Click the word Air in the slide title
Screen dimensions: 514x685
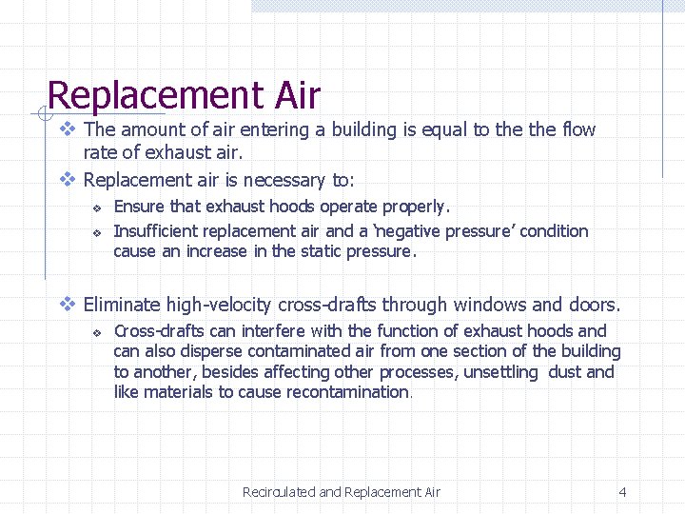point(298,95)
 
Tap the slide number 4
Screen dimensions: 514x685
point(622,492)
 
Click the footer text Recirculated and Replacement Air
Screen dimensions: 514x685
point(342,492)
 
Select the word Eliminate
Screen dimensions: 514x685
point(122,306)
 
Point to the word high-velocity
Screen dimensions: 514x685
point(220,306)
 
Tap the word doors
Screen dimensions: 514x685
point(596,306)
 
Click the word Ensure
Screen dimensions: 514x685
point(137,207)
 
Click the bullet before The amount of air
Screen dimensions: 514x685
point(67,129)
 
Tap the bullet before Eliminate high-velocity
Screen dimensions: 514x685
point(67,306)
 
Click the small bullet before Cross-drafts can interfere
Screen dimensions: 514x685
point(96,332)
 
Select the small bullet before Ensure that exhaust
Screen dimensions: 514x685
point(96,208)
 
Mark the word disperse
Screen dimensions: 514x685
point(186,352)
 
